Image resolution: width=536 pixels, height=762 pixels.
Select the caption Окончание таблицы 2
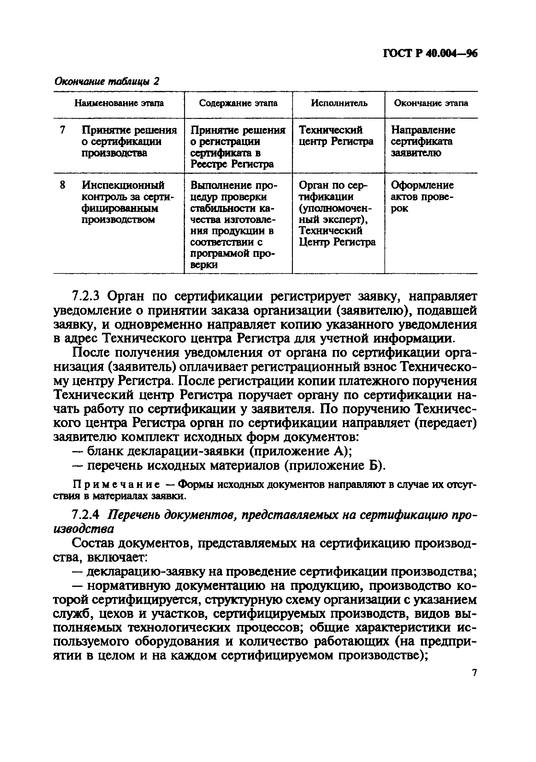pos(107,81)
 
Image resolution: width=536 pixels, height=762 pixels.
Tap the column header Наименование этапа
pos(119,103)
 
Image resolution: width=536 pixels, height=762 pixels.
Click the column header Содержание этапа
pos(238,103)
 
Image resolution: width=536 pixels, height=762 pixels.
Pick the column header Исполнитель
pos(339,103)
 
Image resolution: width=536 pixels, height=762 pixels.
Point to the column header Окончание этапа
pos(431,103)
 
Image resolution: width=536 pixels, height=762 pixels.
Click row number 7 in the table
pos(62,130)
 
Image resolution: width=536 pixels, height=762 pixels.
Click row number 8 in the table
pos(62,185)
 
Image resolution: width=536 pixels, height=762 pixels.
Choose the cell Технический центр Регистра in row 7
pos(336,136)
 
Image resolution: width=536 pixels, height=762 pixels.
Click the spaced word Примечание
pos(116,485)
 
